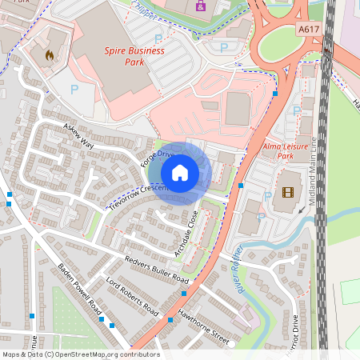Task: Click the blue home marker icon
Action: pyautogui.click(x=180, y=172)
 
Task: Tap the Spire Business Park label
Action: pyautogui.click(x=134, y=56)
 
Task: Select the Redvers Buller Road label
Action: pyautogui.click(x=156, y=270)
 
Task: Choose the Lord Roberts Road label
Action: pyautogui.click(x=132, y=296)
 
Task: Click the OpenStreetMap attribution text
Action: pyautogui.click(x=80, y=354)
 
